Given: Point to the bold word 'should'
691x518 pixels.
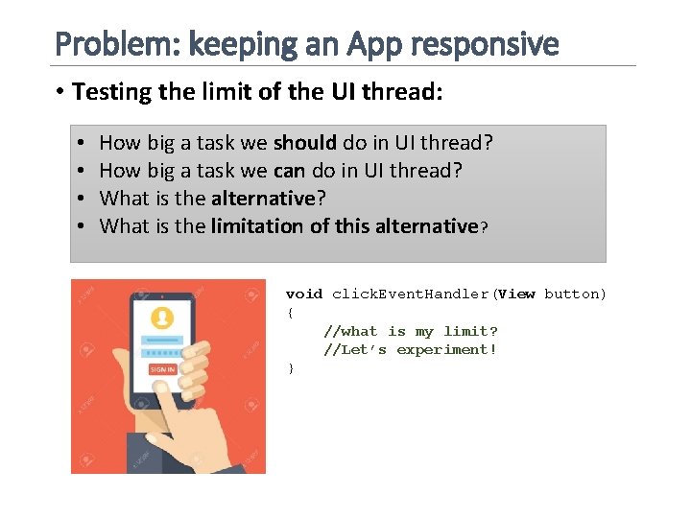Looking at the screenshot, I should coord(305,143).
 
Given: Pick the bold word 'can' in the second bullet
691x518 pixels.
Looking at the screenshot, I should coord(289,171).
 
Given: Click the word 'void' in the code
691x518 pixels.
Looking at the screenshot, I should coord(304,294).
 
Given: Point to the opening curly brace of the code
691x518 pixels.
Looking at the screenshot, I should coord(289,313).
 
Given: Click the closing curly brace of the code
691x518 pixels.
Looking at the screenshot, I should coord(289,368).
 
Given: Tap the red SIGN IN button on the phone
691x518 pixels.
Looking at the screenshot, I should coord(162,369).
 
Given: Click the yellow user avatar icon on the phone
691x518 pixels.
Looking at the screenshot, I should coord(163,318).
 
